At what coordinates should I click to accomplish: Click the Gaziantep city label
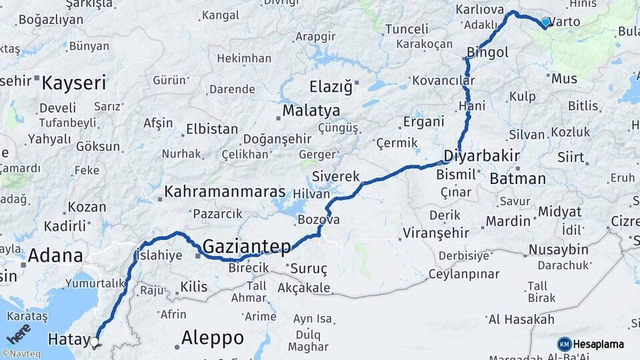(247, 247)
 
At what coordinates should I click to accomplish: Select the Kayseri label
(74, 83)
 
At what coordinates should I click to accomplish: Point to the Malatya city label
(311, 111)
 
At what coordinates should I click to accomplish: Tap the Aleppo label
(212, 337)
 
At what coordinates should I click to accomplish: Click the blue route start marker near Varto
(546, 22)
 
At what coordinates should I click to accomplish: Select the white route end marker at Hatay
(94, 342)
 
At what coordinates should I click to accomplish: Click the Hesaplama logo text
(598, 345)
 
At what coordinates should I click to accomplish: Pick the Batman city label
(517, 179)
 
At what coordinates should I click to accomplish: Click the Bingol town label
(488, 52)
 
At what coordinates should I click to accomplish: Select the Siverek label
(336, 177)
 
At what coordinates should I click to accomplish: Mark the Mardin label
(508, 221)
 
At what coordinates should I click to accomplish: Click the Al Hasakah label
(521, 320)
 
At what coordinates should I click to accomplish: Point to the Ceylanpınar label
(464, 274)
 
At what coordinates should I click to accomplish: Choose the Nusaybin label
(558, 250)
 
